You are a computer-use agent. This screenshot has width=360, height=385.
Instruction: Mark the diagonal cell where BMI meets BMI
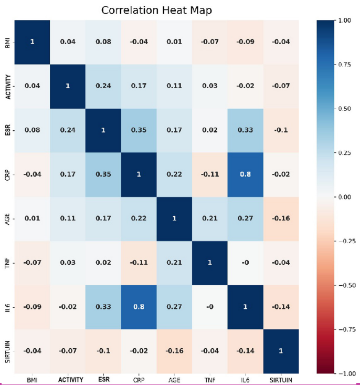(x=31, y=41)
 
